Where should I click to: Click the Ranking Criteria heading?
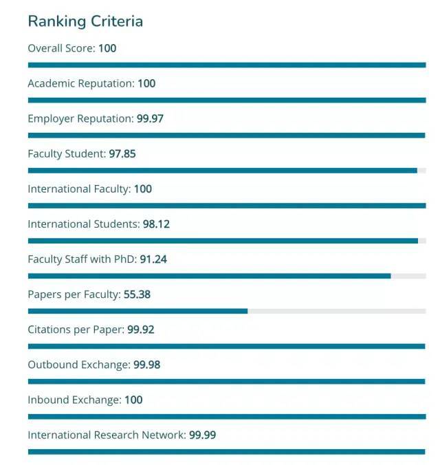[85, 21]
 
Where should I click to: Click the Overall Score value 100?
[107, 48]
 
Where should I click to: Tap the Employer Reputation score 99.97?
[150, 118]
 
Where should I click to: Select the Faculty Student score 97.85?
[122, 153]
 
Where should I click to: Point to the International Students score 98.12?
[156, 224]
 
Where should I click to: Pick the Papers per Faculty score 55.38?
[137, 294]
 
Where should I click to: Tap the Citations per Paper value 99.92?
[141, 329]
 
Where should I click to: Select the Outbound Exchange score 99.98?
[146, 365]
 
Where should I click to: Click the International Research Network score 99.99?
[203, 435]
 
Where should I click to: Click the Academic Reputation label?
[80, 83]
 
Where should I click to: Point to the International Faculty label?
[78, 188]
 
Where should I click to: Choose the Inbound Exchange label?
[74, 400]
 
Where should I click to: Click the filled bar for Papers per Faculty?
[137, 311]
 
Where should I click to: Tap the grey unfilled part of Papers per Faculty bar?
[337, 311]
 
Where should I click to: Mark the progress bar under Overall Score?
[227, 65]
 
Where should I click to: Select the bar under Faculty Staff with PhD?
[209, 276]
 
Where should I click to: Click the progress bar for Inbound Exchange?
[227, 416]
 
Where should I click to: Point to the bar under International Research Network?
[227, 451]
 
